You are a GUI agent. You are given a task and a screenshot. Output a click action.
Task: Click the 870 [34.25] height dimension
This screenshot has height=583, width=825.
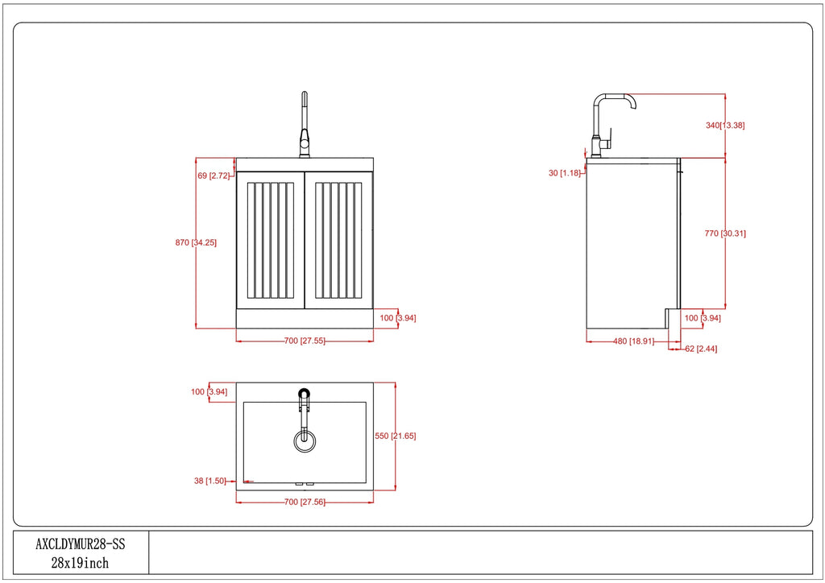pyautogui.click(x=196, y=243)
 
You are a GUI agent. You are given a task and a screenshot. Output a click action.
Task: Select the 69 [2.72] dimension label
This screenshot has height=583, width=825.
pyautogui.click(x=214, y=176)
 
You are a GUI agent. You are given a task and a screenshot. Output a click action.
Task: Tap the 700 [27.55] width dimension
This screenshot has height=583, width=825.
pyautogui.click(x=305, y=341)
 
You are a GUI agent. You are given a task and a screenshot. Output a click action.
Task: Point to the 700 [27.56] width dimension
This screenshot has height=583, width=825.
pyautogui.click(x=305, y=502)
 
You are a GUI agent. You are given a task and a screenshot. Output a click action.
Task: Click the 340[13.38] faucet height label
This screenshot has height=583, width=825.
pyautogui.click(x=725, y=125)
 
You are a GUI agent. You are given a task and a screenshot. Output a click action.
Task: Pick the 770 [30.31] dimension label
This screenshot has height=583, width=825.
pyautogui.click(x=725, y=234)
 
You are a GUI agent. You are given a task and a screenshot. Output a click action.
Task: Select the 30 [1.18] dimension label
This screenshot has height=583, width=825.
pyautogui.click(x=565, y=173)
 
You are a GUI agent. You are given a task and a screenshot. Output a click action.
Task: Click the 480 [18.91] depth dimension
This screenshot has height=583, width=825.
pyautogui.click(x=633, y=341)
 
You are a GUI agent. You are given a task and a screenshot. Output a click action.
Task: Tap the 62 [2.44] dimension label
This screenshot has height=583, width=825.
pyautogui.click(x=701, y=349)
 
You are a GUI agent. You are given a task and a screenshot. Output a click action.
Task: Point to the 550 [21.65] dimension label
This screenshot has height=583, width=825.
pyautogui.click(x=395, y=436)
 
